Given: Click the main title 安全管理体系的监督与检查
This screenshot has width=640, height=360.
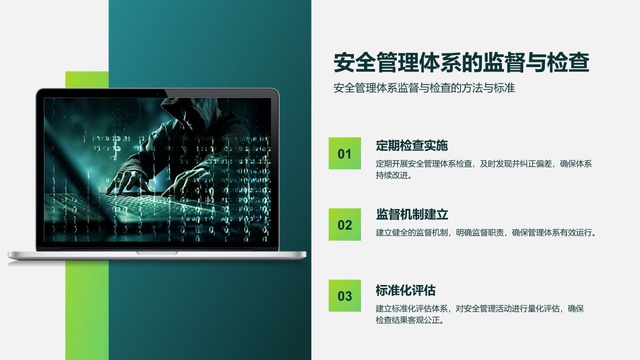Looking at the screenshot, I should click(461, 63).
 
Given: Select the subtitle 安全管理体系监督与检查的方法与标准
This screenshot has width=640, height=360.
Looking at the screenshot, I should click(424, 88).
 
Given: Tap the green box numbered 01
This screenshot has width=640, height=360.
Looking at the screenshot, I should click(344, 153).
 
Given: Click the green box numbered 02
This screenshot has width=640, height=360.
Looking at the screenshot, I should click(344, 224).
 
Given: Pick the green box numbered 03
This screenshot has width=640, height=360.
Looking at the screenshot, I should click(344, 295).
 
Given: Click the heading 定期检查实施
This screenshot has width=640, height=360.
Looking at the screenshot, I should click(411, 145).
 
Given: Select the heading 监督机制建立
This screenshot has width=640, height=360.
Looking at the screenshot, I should click(411, 214).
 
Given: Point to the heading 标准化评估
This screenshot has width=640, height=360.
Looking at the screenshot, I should click(405, 290).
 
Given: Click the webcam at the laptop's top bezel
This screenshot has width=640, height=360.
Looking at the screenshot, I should click(157, 93).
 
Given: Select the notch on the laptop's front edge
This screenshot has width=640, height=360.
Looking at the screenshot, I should click(157, 253).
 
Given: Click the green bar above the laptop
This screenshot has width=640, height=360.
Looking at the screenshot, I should click(86, 79).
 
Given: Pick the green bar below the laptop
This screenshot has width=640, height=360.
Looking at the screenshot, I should click(86, 310).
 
